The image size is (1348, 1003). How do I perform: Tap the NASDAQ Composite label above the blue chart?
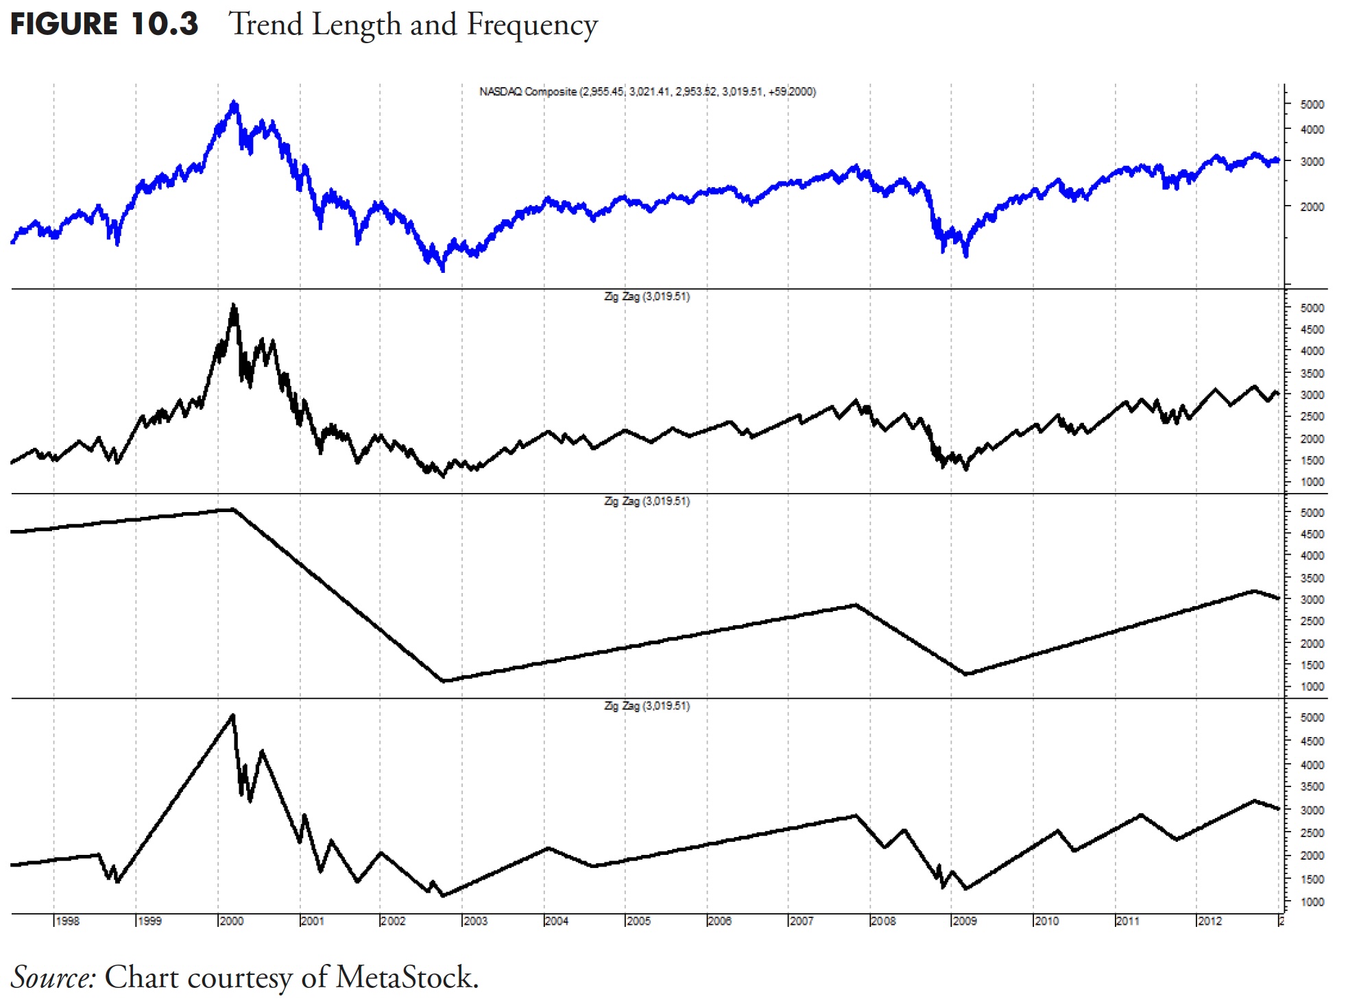tap(528, 92)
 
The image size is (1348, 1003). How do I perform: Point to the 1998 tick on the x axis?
tap(67, 921)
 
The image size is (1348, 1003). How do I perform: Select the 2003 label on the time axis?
tap(475, 921)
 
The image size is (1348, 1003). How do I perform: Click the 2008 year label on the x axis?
tap(883, 921)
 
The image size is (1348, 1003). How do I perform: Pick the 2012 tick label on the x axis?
tap(1209, 921)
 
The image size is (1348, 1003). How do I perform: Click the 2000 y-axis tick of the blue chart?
tap(1312, 206)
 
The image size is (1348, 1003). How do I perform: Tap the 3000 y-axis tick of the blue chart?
tap(1312, 162)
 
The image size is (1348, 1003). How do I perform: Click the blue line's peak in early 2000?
tap(234, 103)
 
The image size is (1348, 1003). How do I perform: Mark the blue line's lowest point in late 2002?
tap(443, 269)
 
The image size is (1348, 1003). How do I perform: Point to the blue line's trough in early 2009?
tap(966, 255)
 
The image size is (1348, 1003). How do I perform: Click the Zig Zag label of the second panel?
tap(647, 297)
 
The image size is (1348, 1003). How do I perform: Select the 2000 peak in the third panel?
tap(234, 509)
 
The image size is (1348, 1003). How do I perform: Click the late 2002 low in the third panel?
tap(444, 681)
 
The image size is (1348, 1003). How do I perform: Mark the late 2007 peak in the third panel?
tap(855, 605)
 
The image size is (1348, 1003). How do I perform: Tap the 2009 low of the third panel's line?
tap(966, 675)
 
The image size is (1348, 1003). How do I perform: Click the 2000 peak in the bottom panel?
tap(233, 715)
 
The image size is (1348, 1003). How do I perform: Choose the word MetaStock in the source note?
tap(406, 977)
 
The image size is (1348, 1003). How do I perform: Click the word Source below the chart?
tap(52, 977)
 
